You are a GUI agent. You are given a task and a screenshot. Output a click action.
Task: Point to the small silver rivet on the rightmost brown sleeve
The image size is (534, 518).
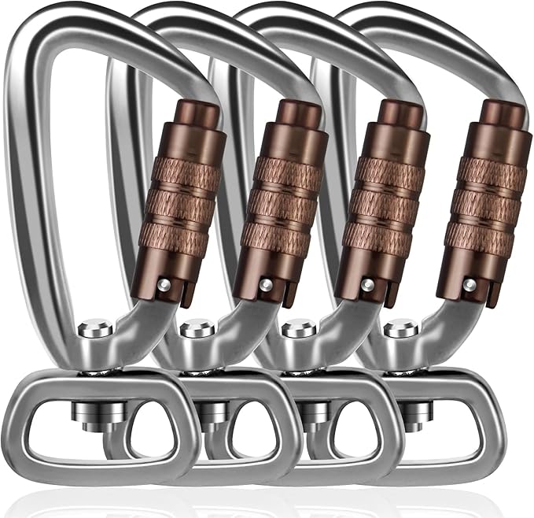(470, 283)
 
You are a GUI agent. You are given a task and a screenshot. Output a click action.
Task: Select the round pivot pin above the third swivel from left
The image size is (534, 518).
(298, 327)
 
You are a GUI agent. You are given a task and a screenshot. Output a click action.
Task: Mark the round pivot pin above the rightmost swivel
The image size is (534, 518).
(400, 327)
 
